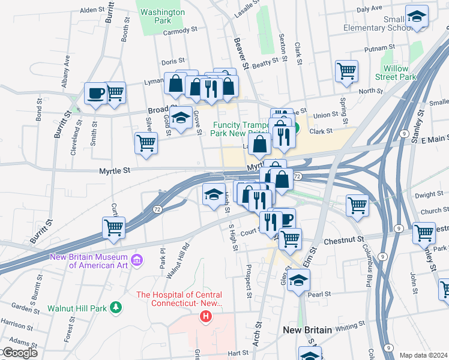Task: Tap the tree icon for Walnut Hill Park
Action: coord(115,308)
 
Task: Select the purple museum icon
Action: coord(137,260)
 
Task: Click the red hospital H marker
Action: coord(206,316)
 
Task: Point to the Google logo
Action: coord(19,353)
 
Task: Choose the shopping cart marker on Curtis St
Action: coord(113,227)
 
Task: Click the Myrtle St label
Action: coord(115,171)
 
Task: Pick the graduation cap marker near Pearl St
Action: coord(298,280)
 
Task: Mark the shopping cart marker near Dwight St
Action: coord(357,205)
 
